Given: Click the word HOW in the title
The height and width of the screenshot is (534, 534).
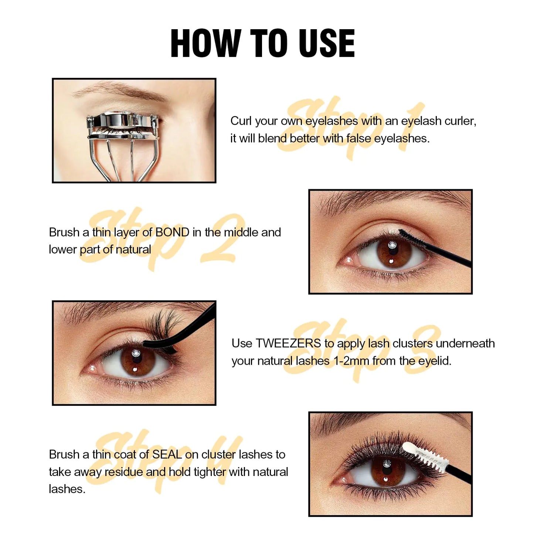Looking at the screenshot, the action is coord(205,43).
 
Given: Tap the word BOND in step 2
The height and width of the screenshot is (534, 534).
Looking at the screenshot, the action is coord(172,232).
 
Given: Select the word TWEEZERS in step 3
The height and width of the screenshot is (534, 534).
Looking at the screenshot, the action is coord(288,343).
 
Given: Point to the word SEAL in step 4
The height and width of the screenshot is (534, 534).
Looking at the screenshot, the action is coord(167,455).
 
